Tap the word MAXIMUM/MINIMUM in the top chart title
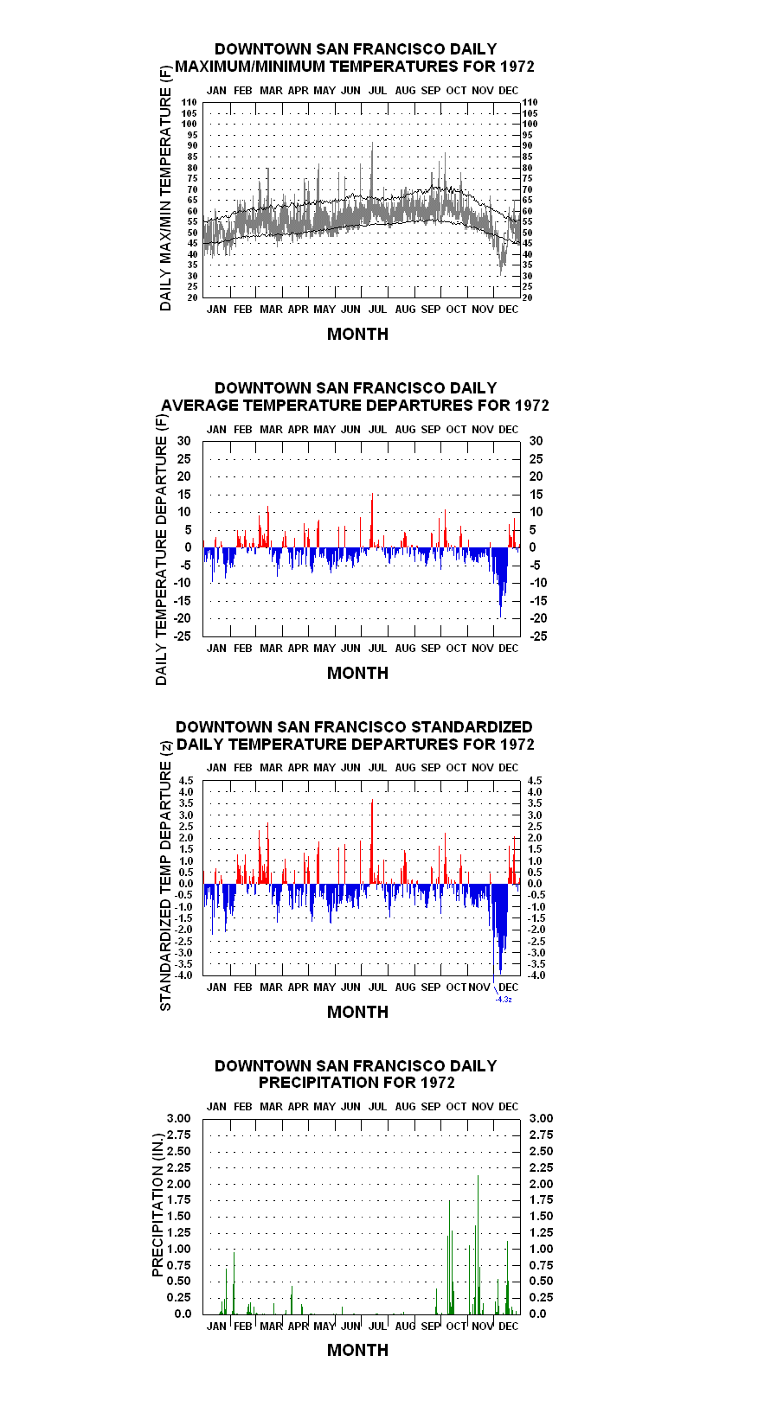(x=250, y=67)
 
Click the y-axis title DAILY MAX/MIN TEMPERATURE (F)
(x=165, y=188)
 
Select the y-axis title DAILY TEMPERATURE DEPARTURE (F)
(x=162, y=549)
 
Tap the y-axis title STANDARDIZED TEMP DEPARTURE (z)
(x=165, y=876)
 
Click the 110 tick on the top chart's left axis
(x=189, y=102)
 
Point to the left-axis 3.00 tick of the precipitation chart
(x=178, y=1118)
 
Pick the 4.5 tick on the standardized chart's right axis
(x=535, y=781)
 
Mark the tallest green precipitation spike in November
(x=479, y=1244)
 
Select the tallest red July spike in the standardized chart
(x=372, y=841)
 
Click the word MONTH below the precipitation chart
(x=358, y=1350)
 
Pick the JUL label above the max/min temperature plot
(x=377, y=91)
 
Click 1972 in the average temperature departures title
(x=532, y=405)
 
